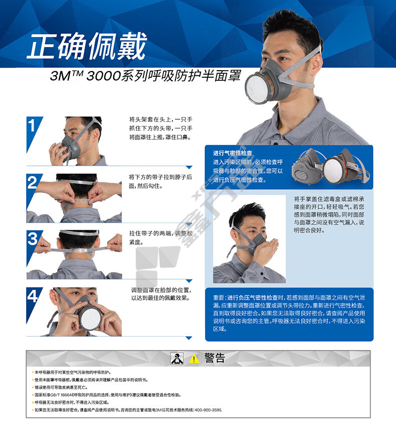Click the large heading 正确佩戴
pos(87,46)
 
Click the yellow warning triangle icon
pos(194,359)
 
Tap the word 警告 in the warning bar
pos(215,358)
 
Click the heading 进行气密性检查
pos(233,153)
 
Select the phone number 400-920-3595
pos(208,410)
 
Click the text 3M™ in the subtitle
pos(67,76)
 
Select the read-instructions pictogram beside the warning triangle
pos(177,358)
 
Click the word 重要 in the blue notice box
pos(219,297)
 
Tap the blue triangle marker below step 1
pos(189,167)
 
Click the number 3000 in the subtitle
pos(103,76)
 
